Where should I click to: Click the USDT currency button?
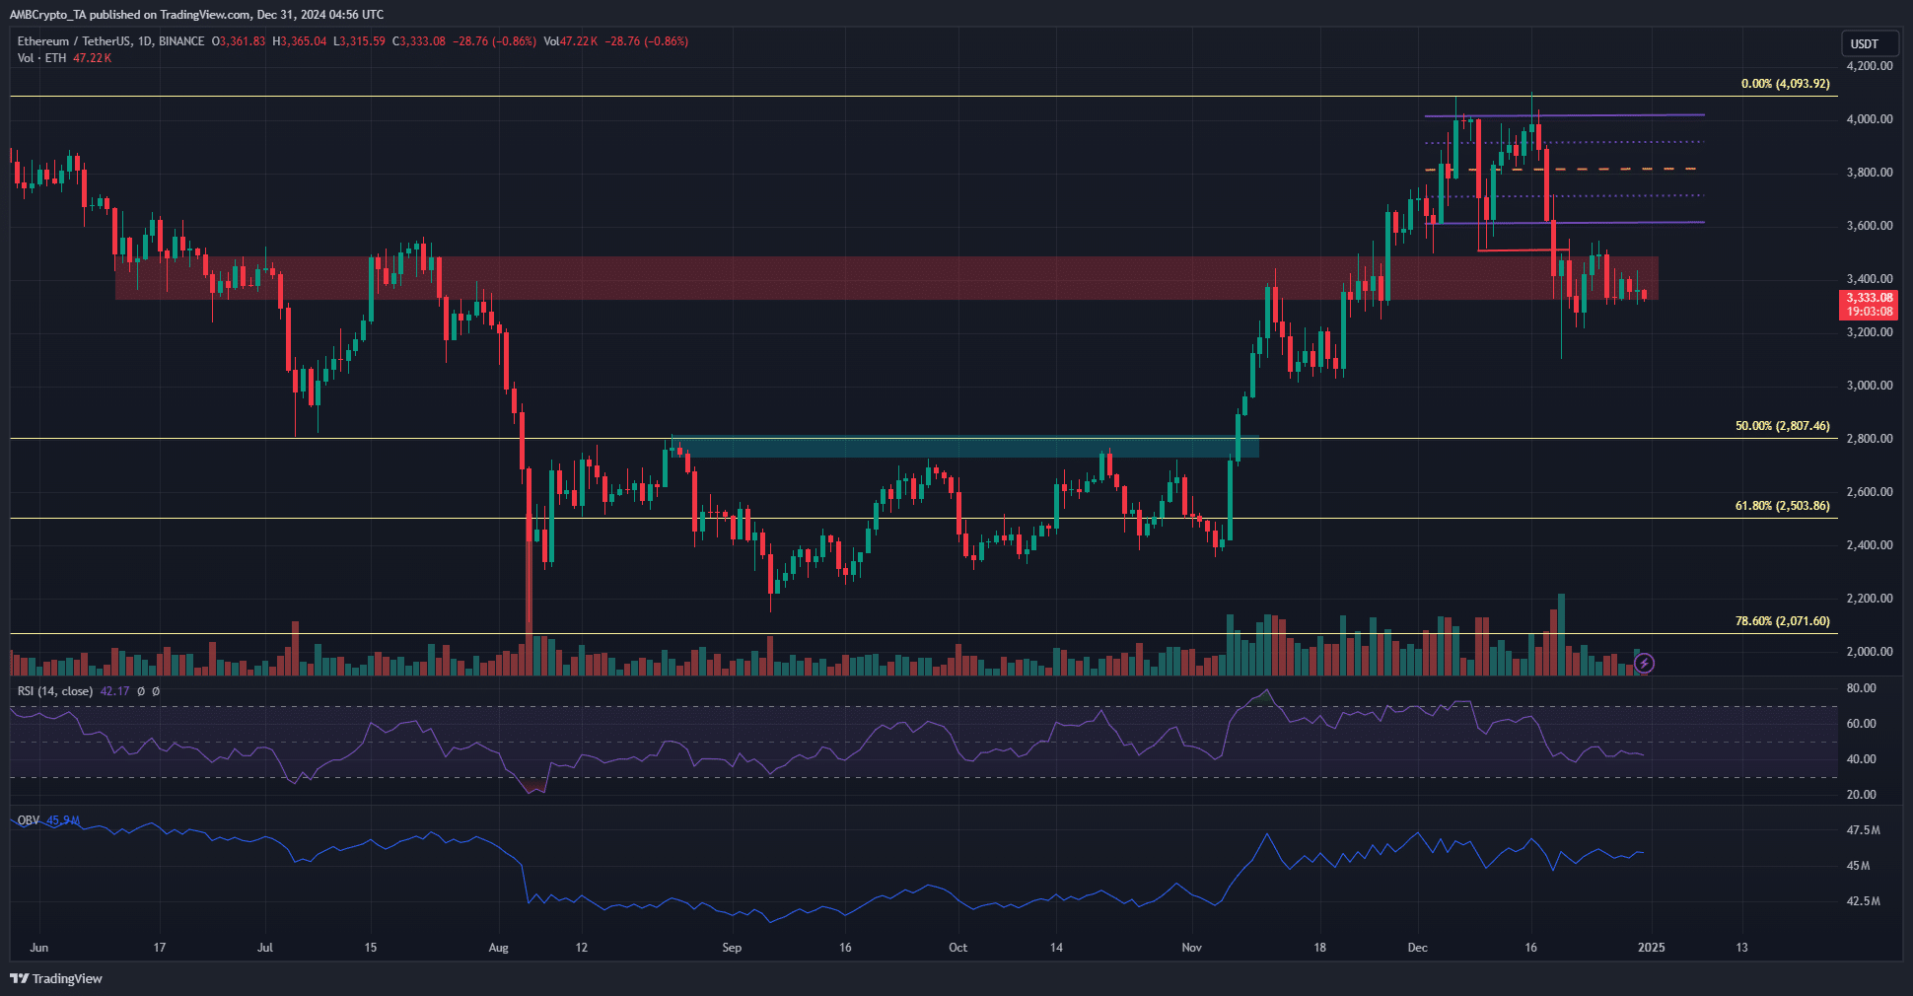click(1864, 43)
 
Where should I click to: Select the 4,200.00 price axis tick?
click(1869, 66)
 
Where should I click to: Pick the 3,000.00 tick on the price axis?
click(1869, 386)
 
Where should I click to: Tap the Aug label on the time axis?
click(499, 948)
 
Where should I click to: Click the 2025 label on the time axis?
click(1651, 948)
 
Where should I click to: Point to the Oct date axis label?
click(957, 948)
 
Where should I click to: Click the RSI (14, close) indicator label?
click(55, 691)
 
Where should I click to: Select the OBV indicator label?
click(29, 820)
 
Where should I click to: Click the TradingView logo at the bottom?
click(56, 978)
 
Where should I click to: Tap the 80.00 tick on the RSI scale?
click(1861, 688)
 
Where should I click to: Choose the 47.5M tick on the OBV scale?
click(1863, 830)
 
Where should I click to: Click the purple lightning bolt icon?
click(1644, 664)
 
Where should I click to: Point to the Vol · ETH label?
click(41, 58)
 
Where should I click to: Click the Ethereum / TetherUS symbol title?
click(110, 41)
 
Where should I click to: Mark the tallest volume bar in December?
click(1561, 635)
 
